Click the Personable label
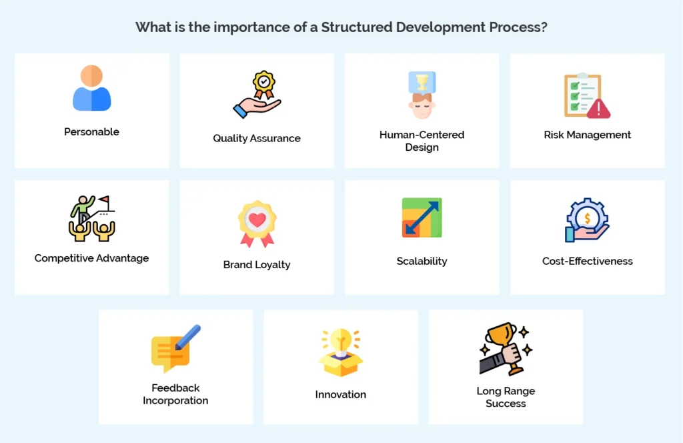(x=91, y=132)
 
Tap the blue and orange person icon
(x=91, y=88)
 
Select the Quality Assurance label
(x=257, y=139)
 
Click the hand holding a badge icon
(x=257, y=95)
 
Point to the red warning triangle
(x=598, y=108)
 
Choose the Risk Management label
(x=587, y=135)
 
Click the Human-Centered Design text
(x=422, y=141)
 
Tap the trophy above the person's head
(x=422, y=82)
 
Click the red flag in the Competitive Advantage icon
(x=103, y=200)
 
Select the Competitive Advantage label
(x=91, y=258)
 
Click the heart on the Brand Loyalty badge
(x=257, y=217)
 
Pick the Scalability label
(x=422, y=261)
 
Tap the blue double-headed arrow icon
(x=422, y=217)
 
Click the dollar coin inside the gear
(x=588, y=216)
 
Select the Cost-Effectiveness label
(x=587, y=261)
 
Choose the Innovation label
(x=341, y=394)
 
